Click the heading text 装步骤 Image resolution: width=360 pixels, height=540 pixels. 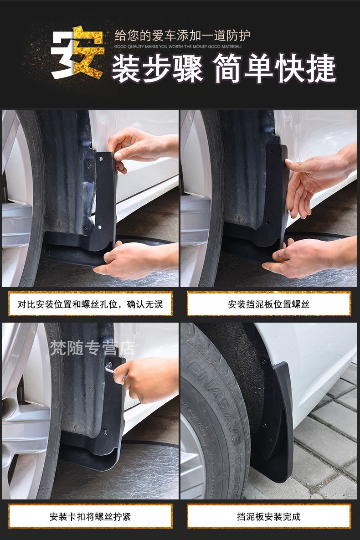tap(157, 70)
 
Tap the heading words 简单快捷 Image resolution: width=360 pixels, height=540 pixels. tap(275, 70)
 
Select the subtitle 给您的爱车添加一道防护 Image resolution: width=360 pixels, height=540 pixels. tap(182, 36)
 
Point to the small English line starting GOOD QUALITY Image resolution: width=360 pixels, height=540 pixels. tap(178, 46)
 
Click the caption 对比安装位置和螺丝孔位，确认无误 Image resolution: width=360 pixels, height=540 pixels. tap(90, 304)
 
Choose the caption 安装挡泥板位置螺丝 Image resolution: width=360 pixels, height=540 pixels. tap(269, 304)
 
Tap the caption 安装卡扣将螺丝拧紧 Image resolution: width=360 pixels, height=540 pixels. tap(90, 516)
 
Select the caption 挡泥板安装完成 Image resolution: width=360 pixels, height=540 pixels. tap(269, 516)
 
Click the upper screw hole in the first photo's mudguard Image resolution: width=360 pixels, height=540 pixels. tap(101, 159)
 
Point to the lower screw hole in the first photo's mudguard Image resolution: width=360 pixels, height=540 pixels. tap(99, 226)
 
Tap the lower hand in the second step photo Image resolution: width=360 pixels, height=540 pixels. tap(305, 260)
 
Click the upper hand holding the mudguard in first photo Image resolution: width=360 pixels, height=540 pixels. tap(137, 146)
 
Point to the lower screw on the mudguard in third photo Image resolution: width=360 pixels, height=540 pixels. tap(105, 432)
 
